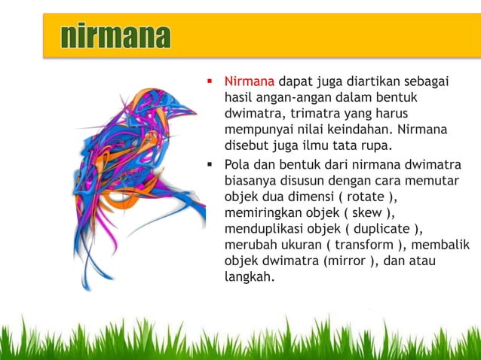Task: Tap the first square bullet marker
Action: point(211,81)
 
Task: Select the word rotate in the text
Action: point(379,197)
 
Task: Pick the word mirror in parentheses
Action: point(344,261)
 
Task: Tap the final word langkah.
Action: point(248,277)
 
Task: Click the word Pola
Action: point(237,163)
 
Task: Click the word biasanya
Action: point(253,180)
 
